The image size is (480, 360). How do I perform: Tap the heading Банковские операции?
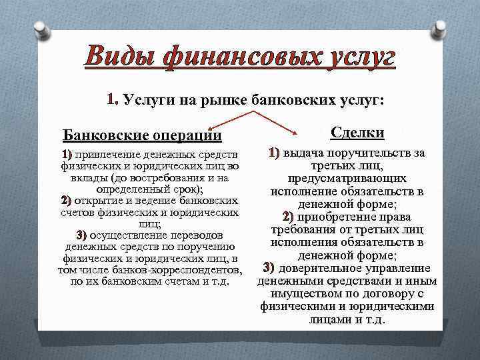(x=142, y=135)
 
